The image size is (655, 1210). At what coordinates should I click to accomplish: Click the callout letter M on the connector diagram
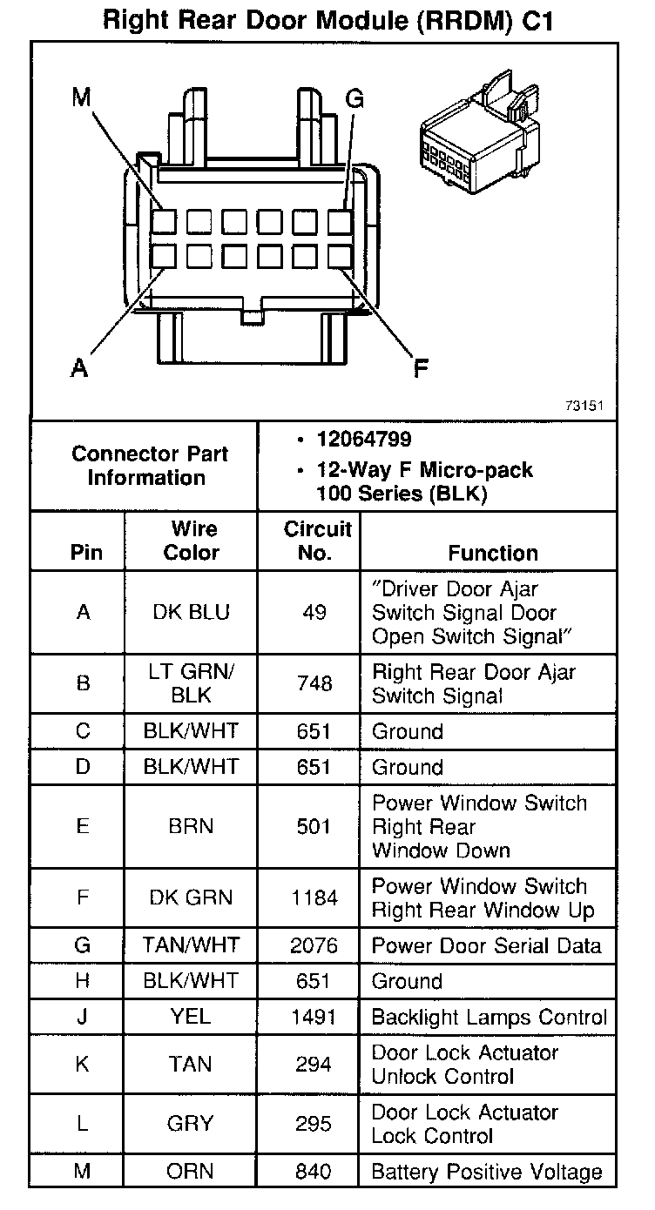(x=82, y=97)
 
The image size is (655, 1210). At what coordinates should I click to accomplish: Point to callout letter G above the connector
(x=355, y=99)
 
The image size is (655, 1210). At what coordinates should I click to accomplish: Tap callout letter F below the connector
(x=421, y=369)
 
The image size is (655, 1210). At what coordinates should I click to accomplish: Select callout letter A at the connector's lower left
(x=79, y=369)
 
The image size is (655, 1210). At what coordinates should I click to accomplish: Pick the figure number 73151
(x=584, y=406)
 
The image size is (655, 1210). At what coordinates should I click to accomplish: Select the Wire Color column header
(x=192, y=541)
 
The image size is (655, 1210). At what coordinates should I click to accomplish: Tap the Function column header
(x=493, y=553)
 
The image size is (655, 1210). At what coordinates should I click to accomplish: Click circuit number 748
(x=314, y=684)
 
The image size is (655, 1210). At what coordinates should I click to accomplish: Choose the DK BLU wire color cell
(x=192, y=613)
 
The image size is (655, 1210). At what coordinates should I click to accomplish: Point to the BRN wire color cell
(x=191, y=826)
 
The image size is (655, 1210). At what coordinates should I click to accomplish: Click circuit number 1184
(x=314, y=897)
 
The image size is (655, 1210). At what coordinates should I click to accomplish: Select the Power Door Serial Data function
(x=486, y=945)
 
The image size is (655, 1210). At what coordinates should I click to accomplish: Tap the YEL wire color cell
(x=191, y=1017)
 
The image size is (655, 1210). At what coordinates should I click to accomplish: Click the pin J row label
(x=83, y=1017)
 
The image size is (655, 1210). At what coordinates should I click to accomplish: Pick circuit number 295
(x=314, y=1124)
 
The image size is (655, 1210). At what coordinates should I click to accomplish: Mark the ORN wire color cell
(x=191, y=1172)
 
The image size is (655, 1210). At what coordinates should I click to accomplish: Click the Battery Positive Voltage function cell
(x=486, y=1172)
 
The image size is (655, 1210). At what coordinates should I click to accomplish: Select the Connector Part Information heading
(x=150, y=466)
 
